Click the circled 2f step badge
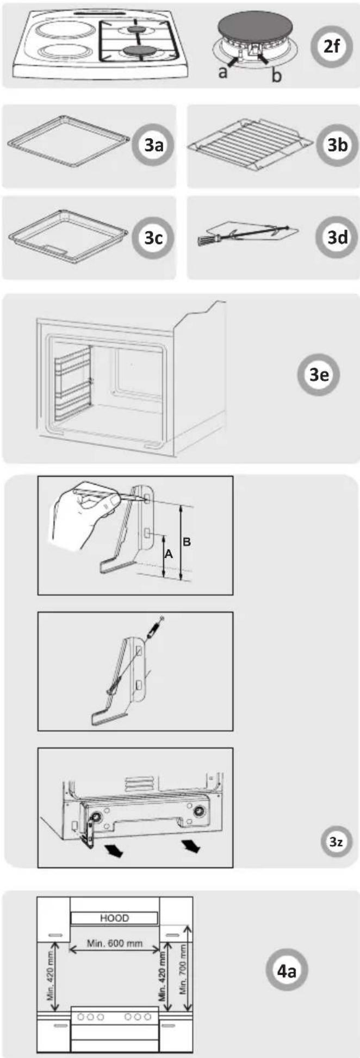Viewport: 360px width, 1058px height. pyautogui.click(x=331, y=47)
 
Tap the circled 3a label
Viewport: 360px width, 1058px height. pyautogui.click(x=154, y=145)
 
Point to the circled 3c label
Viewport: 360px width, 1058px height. pyautogui.click(x=154, y=238)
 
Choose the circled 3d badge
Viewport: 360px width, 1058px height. pyautogui.click(x=337, y=237)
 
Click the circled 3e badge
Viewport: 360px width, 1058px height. pyautogui.click(x=319, y=375)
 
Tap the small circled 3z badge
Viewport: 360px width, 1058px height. pyautogui.click(x=336, y=842)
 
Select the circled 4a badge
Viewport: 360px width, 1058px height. pyautogui.click(x=287, y=971)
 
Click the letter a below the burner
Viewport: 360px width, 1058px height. pyautogui.click(x=223, y=71)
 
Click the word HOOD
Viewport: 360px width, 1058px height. pyautogui.click(x=115, y=918)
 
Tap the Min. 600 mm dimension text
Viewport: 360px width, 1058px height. pyautogui.click(x=115, y=943)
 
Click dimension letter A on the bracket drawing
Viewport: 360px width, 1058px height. pyautogui.click(x=168, y=554)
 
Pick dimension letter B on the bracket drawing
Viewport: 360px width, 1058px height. pyautogui.click(x=187, y=542)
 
